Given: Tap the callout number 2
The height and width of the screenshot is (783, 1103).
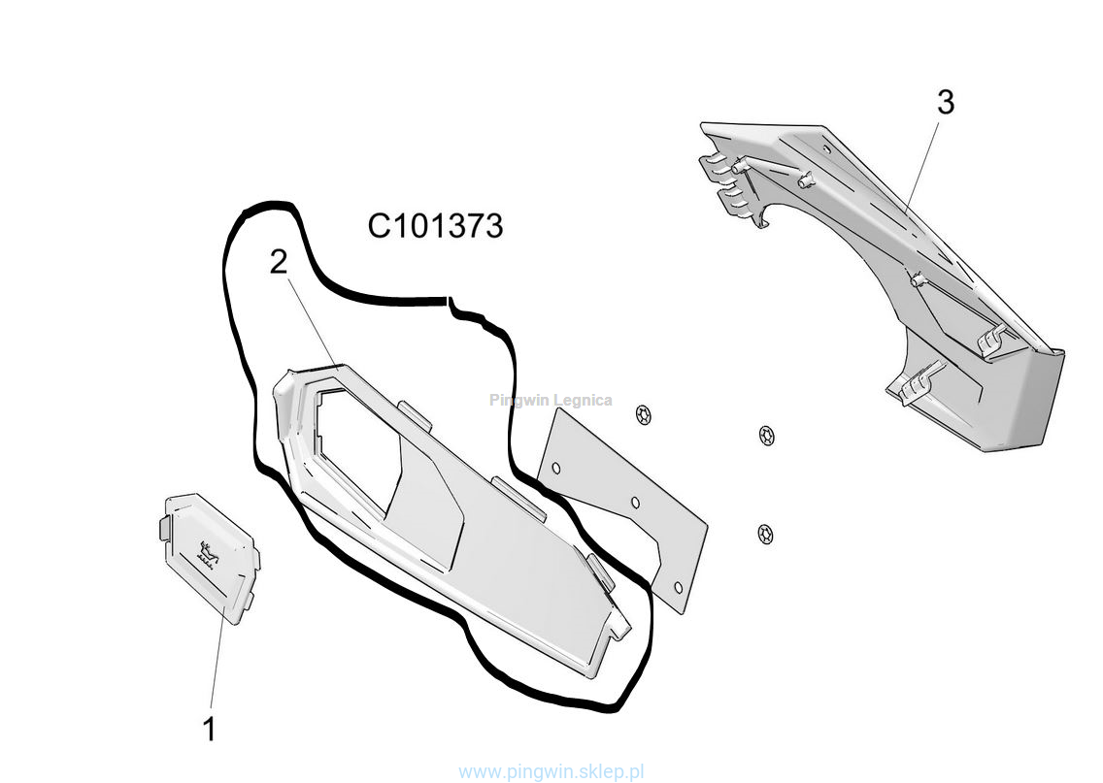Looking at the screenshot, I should (279, 262).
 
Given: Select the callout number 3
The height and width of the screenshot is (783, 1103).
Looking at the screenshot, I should (945, 102).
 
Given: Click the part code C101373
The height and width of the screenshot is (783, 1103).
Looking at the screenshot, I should (435, 226).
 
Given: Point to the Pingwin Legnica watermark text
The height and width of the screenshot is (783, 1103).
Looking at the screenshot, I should (551, 400).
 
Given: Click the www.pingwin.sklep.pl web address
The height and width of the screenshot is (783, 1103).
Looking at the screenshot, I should (551, 772).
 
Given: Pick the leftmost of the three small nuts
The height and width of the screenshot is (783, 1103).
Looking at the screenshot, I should (642, 415).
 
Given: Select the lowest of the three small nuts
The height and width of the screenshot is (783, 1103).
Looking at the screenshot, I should (765, 533).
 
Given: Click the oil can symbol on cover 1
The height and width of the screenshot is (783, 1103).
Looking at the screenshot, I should (206, 552).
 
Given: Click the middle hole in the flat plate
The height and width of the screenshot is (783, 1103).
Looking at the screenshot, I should (634, 504).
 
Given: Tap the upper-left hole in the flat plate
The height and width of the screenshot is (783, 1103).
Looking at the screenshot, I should (555, 468).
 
